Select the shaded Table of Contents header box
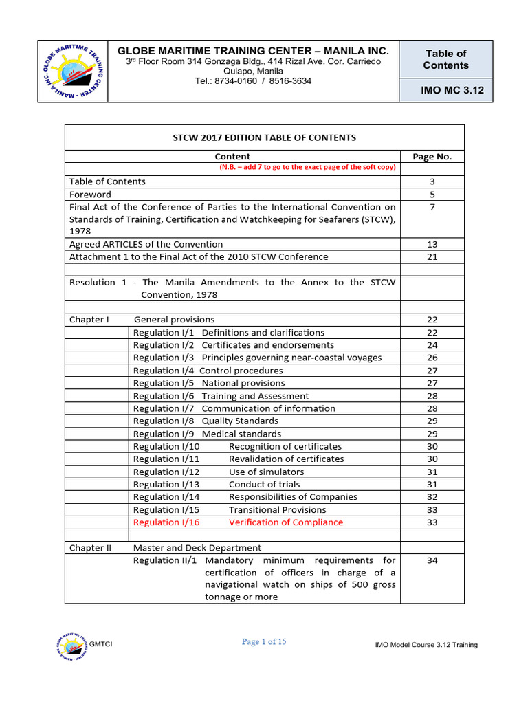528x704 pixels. [446, 59]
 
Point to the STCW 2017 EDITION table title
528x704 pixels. [264, 137]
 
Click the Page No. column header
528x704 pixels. [432, 157]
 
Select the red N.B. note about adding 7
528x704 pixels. [307, 168]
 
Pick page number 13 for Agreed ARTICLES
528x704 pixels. [432, 245]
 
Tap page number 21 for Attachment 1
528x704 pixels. [432, 257]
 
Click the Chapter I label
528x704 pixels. [89, 320]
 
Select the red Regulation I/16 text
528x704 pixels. [166, 522]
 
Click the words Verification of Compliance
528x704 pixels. [285, 522]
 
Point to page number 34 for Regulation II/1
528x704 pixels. [432, 561]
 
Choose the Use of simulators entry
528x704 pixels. [266, 472]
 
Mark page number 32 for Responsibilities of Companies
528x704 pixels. [432, 497]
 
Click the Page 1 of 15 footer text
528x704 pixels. [264, 642]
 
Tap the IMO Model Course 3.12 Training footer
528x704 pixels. [426, 645]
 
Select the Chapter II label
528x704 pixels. [91, 548]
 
